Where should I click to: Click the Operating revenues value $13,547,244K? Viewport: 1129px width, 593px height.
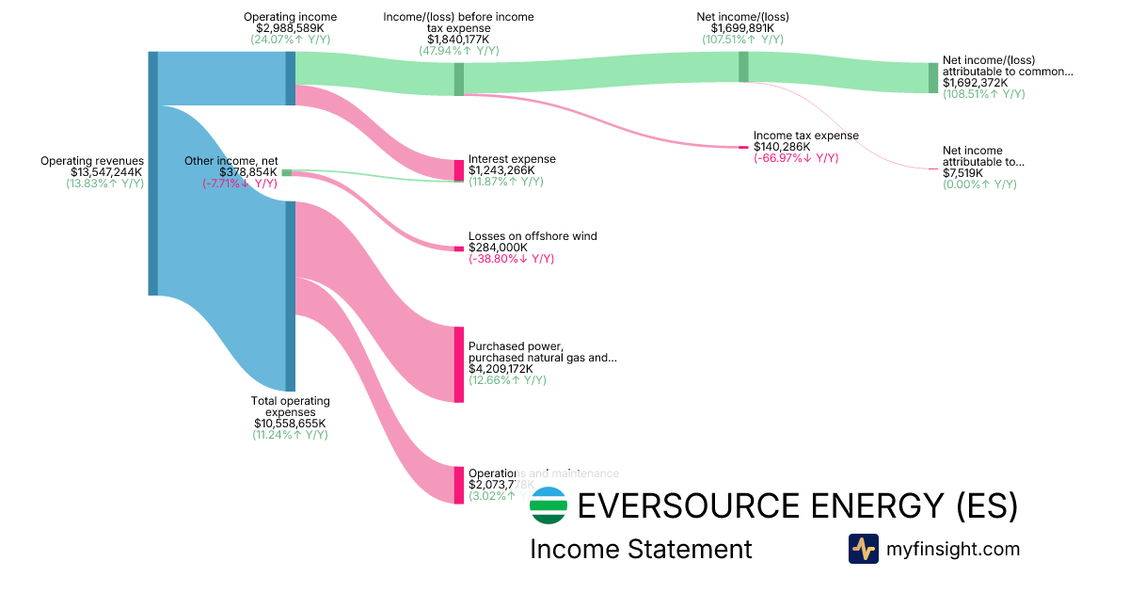click(105, 172)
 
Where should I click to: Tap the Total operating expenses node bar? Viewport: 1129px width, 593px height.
click(291, 296)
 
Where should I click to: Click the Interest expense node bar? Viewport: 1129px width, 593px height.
click(459, 170)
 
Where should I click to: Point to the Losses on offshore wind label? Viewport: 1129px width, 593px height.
click(533, 236)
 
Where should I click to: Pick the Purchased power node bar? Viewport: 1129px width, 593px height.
click(459, 364)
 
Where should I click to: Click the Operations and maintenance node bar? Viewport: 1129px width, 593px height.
click(459, 485)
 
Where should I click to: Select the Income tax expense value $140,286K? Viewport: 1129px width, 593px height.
click(781, 147)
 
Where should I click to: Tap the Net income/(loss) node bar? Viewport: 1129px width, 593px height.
click(743, 67)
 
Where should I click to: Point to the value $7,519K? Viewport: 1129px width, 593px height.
click(962, 173)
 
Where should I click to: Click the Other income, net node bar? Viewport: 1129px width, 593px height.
click(287, 172)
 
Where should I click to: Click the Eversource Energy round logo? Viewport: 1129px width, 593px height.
click(549, 505)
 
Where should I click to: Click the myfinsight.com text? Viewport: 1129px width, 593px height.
click(952, 549)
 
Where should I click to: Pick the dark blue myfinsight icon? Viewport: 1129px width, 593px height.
click(863, 549)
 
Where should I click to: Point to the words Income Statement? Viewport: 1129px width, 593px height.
click(641, 550)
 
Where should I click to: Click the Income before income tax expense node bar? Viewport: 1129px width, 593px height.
click(459, 79)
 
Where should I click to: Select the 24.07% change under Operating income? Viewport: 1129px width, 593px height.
click(290, 40)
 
